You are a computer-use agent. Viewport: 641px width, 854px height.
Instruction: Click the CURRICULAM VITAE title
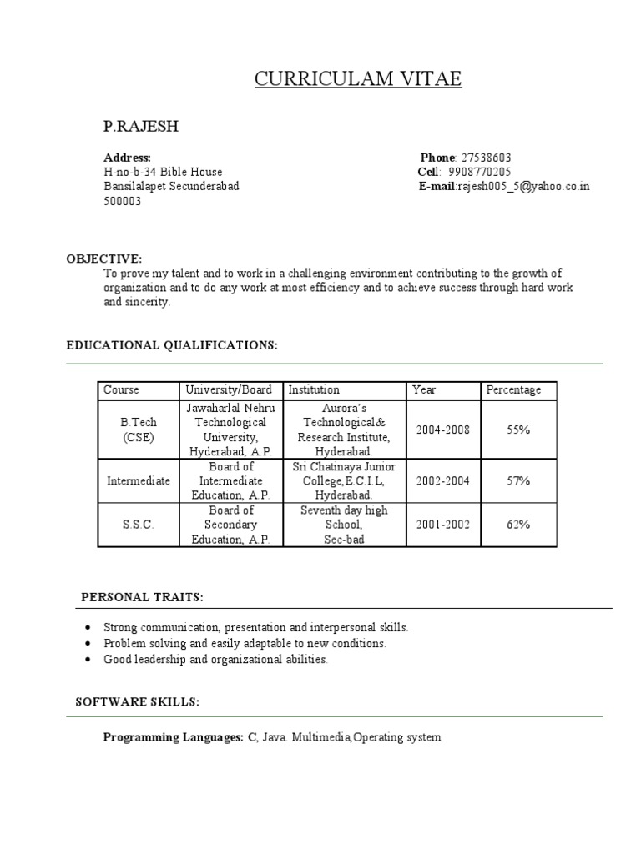click(357, 79)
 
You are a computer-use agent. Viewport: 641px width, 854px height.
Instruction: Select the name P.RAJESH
click(140, 127)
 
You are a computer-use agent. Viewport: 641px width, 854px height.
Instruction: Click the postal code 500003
click(122, 201)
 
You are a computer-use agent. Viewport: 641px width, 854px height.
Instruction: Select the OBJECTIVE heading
click(104, 259)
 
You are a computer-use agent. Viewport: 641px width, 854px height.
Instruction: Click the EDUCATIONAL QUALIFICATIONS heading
click(171, 344)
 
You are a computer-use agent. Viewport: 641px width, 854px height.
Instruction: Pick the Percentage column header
click(513, 389)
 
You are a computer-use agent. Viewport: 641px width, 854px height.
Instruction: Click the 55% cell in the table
click(518, 430)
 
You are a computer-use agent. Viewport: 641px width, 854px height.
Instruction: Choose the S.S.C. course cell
click(138, 525)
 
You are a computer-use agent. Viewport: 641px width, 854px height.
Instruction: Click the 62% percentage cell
click(518, 525)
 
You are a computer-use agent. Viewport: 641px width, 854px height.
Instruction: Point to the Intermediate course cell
click(138, 481)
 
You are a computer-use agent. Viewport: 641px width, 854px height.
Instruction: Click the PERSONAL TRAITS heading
click(142, 597)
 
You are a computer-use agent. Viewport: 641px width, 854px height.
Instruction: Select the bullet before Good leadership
click(88, 660)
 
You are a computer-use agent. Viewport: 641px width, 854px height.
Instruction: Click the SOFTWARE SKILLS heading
click(137, 702)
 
